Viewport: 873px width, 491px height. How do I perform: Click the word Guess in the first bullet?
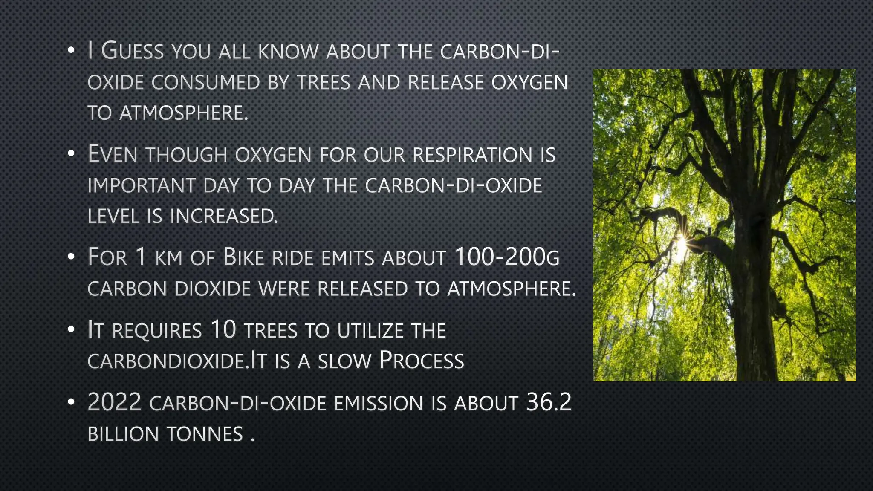[132, 51]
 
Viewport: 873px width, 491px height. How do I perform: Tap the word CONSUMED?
[205, 82]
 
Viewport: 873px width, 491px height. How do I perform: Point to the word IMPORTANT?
[141, 186]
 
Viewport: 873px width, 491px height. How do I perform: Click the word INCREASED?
[223, 216]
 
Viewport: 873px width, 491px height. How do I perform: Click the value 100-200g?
[507, 257]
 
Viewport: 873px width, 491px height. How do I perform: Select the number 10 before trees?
[223, 330]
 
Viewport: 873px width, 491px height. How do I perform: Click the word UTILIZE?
[370, 331]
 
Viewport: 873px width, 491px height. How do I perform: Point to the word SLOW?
[344, 361]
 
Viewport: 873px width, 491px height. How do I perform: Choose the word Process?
[421, 361]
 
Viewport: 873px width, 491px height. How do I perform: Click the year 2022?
[114, 402]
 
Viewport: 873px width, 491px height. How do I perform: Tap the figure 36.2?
[549, 402]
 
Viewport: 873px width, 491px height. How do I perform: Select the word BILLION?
[123, 434]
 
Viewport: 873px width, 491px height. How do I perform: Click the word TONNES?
[204, 434]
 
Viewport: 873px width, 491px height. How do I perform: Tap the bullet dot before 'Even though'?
[71, 154]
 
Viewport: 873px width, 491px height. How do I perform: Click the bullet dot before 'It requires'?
[71, 329]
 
